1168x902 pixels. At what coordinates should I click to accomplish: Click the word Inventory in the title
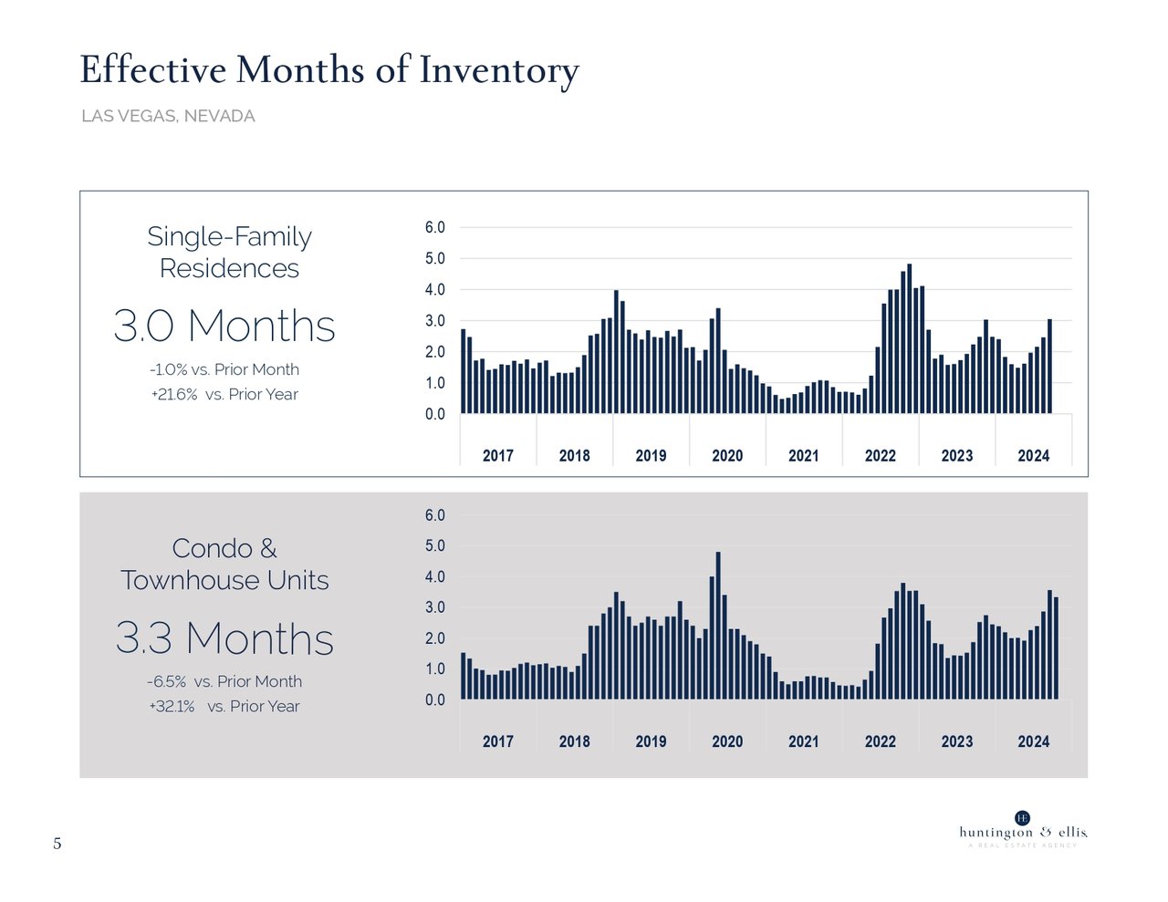pos(498,71)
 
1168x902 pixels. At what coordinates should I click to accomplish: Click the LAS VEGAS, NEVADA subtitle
pos(168,116)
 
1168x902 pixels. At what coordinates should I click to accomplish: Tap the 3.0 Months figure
pos(224,326)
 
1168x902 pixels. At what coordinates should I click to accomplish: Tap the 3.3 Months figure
pos(224,638)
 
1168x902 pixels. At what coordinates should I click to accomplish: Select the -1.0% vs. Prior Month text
pos(224,369)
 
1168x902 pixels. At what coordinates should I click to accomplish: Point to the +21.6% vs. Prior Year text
pos(224,394)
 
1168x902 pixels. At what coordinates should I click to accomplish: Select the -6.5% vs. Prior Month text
pos(224,681)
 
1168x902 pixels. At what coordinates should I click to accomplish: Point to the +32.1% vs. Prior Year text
pos(224,706)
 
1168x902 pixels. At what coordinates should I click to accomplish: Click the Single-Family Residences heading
pos(229,252)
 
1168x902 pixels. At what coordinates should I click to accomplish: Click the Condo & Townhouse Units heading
pos(224,564)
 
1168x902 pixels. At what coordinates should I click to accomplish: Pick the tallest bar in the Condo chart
pos(718,626)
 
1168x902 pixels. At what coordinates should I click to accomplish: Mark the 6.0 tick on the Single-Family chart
pos(435,227)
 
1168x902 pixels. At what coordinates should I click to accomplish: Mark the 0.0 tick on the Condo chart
pos(435,700)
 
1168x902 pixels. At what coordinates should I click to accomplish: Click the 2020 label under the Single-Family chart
pos(727,455)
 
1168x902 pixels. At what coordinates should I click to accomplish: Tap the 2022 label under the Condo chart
pos(881,741)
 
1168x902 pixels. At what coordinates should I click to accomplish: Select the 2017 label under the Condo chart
pos(498,741)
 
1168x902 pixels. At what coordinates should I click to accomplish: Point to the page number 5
pos(57,844)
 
